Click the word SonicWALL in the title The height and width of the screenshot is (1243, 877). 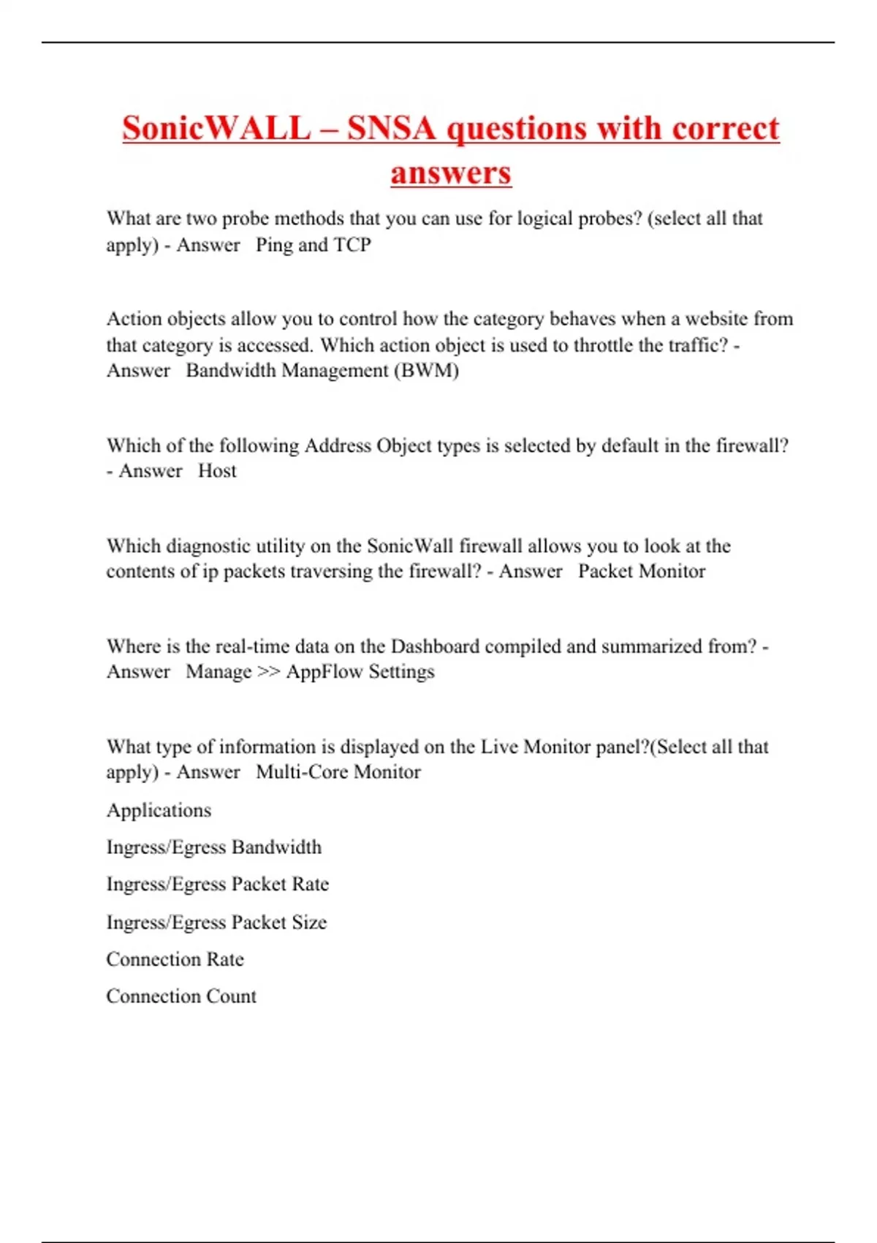(x=216, y=129)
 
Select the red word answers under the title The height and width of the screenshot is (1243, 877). (x=451, y=173)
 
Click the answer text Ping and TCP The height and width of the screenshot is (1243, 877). (x=314, y=245)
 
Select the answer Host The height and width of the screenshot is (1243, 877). (x=217, y=471)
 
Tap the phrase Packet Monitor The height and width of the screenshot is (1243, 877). (x=642, y=571)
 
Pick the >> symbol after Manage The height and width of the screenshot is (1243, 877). (x=269, y=672)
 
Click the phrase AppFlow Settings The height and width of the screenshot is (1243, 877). (x=360, y=672)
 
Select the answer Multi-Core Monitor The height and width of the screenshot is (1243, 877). (x=338, y=772)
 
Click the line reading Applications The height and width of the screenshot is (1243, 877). (x=159, y=810)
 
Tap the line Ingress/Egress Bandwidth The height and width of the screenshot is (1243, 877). (x=214, y=847)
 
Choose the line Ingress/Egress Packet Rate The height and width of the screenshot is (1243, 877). (x=218, y=885)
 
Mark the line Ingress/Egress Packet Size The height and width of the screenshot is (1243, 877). (x=216, y=922)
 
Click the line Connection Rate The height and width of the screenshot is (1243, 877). (x=175, y=959)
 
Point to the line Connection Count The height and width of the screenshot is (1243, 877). (x=181, y=997)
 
